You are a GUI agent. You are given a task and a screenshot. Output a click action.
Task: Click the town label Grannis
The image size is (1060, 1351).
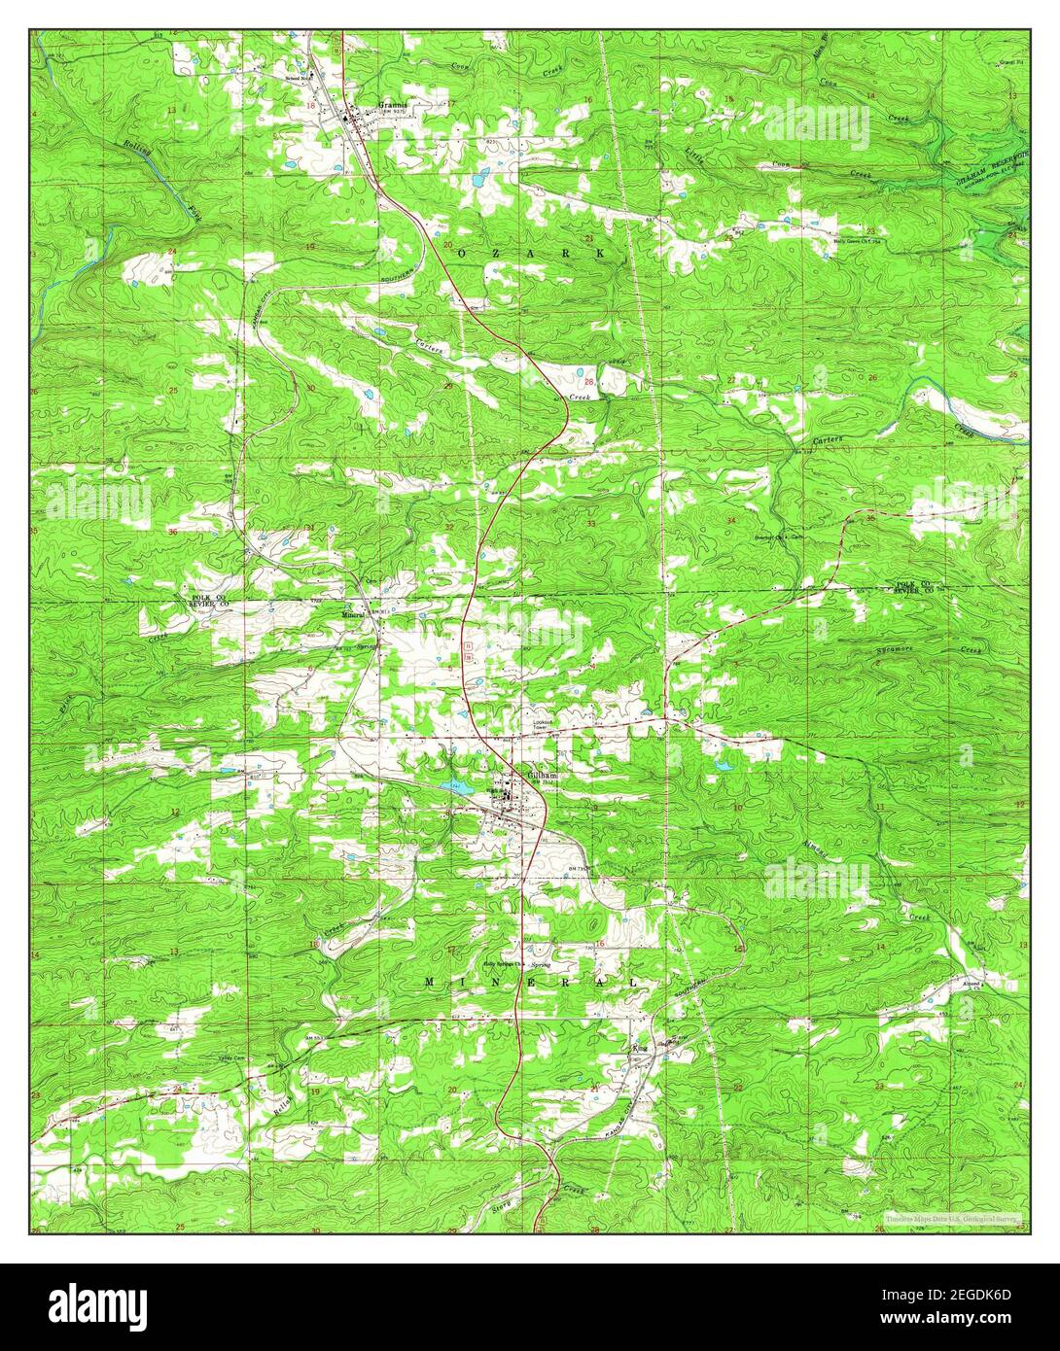click(392, 100)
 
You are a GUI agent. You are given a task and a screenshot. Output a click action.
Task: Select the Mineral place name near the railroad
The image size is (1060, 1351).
click(352, 614)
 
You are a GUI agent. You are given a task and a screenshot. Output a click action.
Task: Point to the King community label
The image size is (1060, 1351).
click(639, 1049)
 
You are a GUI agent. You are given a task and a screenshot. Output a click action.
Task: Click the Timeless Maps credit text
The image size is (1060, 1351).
click(950, 1217)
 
